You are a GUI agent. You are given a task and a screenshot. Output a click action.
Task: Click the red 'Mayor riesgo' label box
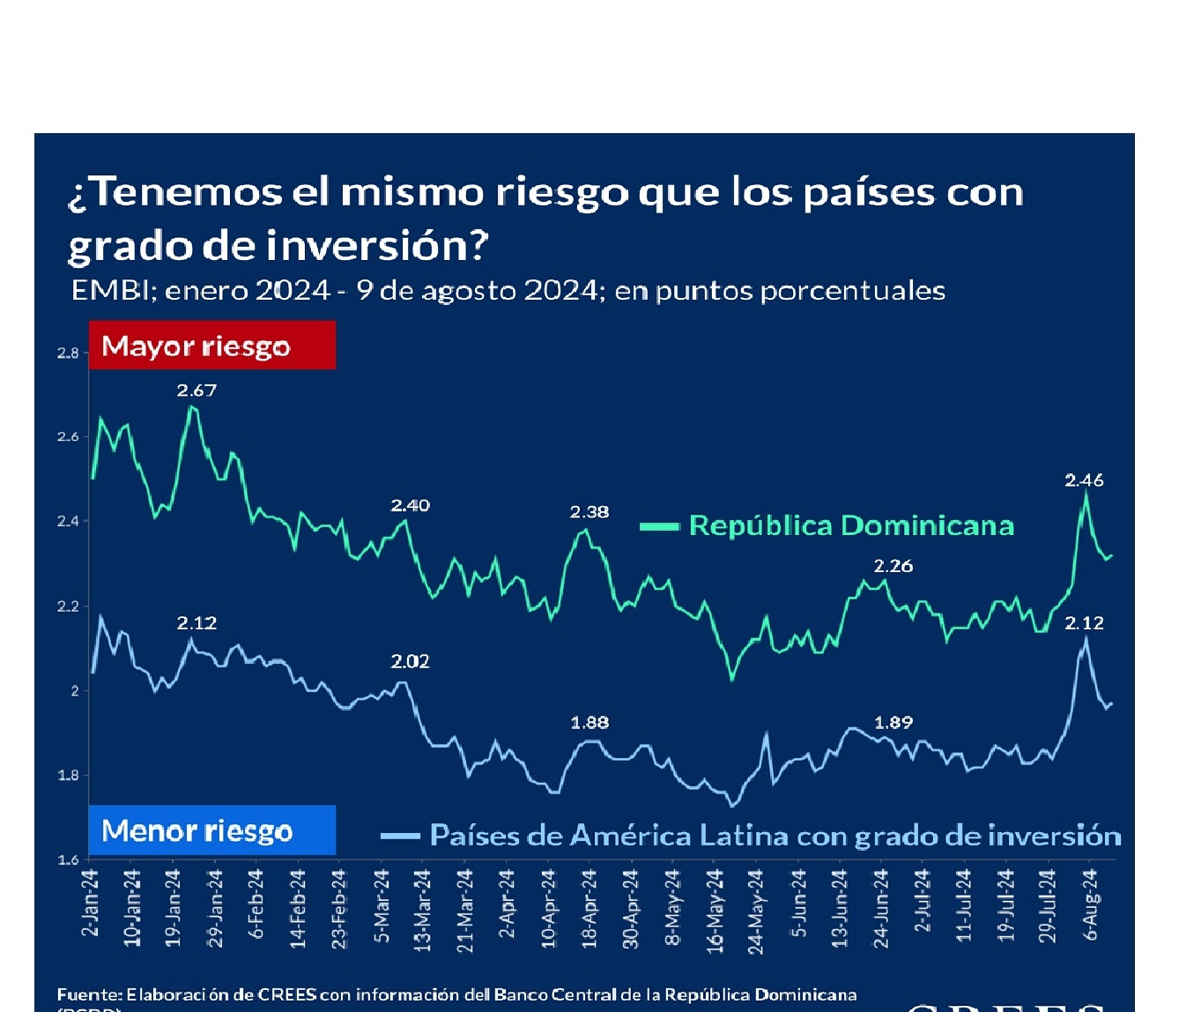click(211, 346)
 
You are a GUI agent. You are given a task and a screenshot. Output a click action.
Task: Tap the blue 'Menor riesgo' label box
click(211, 830)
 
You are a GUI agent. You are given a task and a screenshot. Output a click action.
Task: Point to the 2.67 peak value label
click(196, 391)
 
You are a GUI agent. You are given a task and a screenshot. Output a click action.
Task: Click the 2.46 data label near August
click(1084, 480)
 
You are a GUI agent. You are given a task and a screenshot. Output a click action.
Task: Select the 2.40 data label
click(411, 505)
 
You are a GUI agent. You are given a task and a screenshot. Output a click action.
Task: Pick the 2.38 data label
click(589, 512)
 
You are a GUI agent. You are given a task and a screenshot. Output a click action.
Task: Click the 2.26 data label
click(893, 566)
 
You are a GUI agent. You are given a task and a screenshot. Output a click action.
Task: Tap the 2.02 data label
click(411, 661)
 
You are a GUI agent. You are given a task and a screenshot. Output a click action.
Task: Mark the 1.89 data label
click(893, 723)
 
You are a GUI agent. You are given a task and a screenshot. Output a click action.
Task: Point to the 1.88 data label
click(589, 723)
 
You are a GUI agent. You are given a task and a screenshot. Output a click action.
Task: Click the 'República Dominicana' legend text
click(851, 526)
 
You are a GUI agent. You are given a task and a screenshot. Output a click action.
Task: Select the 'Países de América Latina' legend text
click(775, 836)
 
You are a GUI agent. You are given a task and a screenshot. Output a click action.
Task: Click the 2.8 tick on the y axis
click(68, 353)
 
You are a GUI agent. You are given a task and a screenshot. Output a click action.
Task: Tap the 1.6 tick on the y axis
click(68, 859)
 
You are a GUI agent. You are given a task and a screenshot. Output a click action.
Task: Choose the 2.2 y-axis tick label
click(68, 606)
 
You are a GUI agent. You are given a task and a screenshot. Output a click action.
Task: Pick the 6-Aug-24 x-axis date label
click(1091, 904)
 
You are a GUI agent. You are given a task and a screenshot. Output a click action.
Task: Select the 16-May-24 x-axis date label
click(716, 911)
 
